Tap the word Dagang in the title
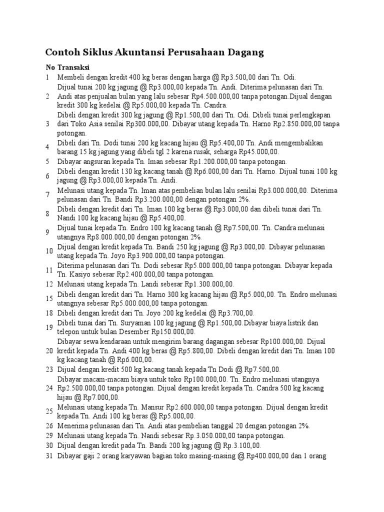pyautogui.click(x=245, y=52)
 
